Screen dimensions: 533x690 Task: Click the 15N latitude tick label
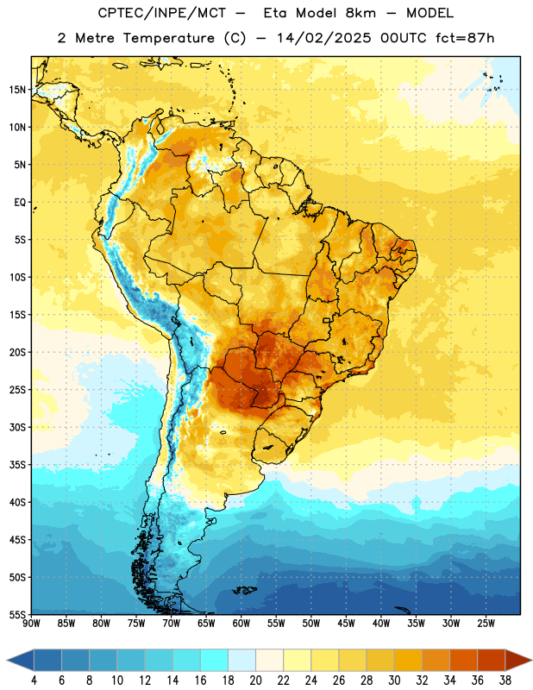tap(17, 90)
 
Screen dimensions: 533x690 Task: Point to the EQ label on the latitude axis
tap(20, 203)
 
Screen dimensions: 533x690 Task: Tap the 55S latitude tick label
tap(17, 614)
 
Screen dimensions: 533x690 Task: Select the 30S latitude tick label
tap(17, 427)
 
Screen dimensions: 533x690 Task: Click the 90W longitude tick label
tap(31, 624)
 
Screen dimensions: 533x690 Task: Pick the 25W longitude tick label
tap(486, 624)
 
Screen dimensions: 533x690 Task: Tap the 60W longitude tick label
tap(241, 624)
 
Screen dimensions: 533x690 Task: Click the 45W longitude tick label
tap(347, 624)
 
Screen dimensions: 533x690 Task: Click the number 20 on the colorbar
tap(255, 681)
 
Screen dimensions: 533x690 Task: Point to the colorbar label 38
tap(505, 681)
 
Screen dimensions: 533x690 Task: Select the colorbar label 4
tap(34, 681)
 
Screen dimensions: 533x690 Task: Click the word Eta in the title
tap(275, 13)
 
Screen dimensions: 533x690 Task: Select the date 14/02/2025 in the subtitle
tap(324, 38)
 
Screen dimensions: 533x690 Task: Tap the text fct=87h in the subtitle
tap(465, 38)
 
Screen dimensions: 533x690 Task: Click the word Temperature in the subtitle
tap(168, 38)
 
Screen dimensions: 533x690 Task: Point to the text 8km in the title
tap(361, 13)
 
